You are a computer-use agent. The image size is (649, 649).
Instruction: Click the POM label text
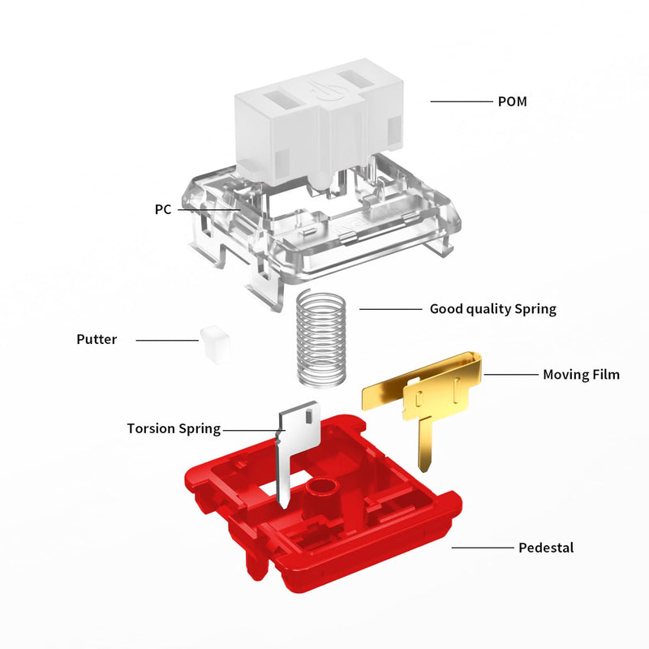point(512,101)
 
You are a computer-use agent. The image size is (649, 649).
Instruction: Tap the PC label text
point(163,209)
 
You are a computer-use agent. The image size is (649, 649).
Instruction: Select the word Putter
point(97,339)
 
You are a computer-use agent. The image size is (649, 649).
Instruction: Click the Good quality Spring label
point(493,309)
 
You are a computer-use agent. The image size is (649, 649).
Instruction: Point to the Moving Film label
point(581,375)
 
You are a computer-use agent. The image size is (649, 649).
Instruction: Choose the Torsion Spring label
point(174,429)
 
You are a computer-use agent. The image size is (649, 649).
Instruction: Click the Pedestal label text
point(546,548)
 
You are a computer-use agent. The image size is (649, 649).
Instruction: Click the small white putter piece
point(215,343)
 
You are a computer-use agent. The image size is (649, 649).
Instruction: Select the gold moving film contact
point(422,393)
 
